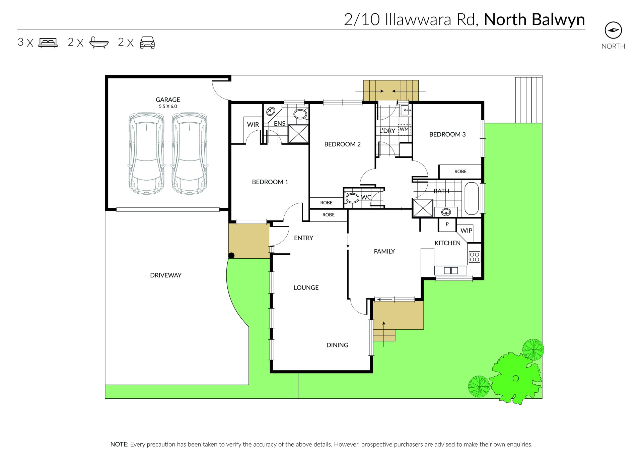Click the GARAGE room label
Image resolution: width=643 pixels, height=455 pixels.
tap(168, 100)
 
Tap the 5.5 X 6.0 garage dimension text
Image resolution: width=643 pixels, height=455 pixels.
tap(168, 107)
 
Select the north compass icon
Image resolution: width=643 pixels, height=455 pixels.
tap(613, 30)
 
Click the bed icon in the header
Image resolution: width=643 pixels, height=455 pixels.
tap(48, 43)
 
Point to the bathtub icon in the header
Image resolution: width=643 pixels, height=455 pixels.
tap(99, 43)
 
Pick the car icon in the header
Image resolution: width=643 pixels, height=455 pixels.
tap(147, 43)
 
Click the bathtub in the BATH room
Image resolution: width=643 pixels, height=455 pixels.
tap(472, 198)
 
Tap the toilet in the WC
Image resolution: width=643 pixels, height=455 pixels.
tap(352, 198)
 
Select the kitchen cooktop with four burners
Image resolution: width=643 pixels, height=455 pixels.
tap(475, 257)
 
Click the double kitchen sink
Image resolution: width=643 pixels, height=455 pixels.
tap(451, 270)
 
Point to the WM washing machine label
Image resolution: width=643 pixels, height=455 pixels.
tap(404, 129)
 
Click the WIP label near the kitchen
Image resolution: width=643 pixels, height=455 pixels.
tap(466, 231)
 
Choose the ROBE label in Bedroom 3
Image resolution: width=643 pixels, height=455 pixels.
tap(460, 172)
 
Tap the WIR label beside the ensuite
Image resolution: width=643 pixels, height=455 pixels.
tap(253, 125)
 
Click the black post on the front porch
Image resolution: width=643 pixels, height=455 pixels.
tap(231, 256)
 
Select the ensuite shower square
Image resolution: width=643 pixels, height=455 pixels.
tap(298, 134)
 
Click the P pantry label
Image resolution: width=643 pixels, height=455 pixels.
tap(447, 224)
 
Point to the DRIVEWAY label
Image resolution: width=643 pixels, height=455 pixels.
tap(166, 275)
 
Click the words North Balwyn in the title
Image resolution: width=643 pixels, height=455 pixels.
tap(534, 19)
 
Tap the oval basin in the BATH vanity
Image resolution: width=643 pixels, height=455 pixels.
tap(446, 212)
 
